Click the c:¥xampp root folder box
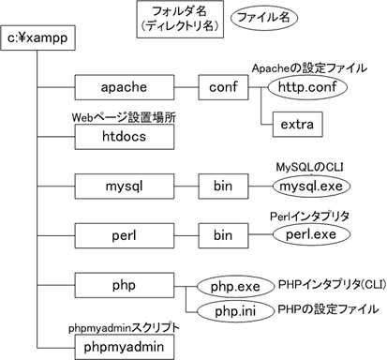(40, 38)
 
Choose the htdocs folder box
(124, 137)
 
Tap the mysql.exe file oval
(304, 186)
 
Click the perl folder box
(124, 234)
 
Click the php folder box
(124, 284)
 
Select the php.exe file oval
(232, 284)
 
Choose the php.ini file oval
(232, 308)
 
